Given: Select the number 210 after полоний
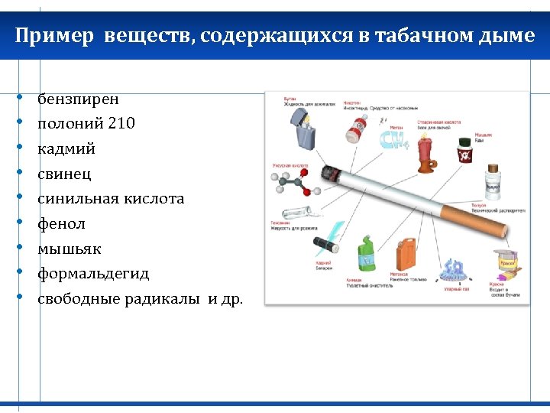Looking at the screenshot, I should click(121, 123).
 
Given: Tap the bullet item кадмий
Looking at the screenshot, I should click(67, 148).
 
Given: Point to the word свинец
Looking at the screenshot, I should click(65, 174).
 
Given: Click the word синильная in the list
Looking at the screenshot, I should click(74, 199).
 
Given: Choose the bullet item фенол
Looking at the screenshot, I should click(62, 224).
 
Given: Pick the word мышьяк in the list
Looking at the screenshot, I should click(70, 249).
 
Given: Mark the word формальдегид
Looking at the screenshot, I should click(94, 274).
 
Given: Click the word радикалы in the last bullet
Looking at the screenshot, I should click(174, 299).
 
